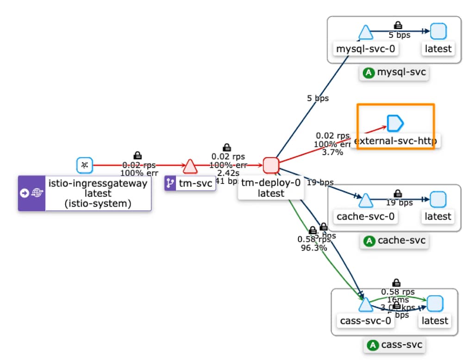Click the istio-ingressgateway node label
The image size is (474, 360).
(x=98, y=193)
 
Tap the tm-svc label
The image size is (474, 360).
(x=190, y=184)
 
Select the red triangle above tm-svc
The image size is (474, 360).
(x=190, y=165)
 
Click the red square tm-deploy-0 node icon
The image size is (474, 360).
(x=271, y=165)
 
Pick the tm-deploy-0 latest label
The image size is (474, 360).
(x=271, y=188)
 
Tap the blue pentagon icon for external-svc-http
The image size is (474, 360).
(x=395, y=123)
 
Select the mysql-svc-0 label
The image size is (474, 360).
(x=366, y=49)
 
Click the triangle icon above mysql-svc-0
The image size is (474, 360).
(x=365, y=32)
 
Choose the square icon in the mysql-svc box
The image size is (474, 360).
(x=438, y=32)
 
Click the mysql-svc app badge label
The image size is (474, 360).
(x=394, y=73)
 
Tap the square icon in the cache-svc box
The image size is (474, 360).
(x=438, y=200)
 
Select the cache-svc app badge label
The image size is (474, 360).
(x=394, y=241)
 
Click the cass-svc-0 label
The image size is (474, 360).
(x=365, y=321)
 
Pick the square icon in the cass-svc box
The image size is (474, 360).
(x=435, y=303)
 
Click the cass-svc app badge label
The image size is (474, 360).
(x=394, y=345)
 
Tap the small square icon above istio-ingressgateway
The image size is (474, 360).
(x=85, y=165)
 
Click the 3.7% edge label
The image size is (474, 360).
(x=332, y=152)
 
